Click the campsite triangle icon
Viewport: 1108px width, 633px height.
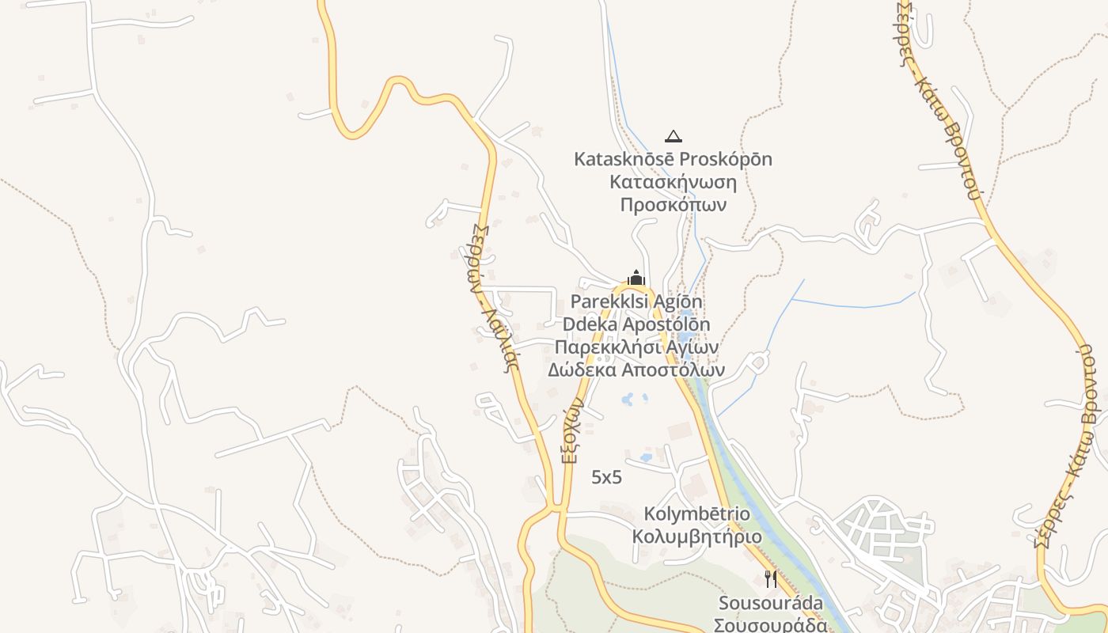click(673, 136)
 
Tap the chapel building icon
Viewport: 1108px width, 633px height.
click(636, 278)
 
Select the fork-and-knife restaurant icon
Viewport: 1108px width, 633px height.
click(771, 579)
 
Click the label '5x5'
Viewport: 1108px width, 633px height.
click(607, 477)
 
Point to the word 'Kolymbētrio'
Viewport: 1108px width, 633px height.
click(697, 514)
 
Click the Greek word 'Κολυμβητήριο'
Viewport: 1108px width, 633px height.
click(697, 536)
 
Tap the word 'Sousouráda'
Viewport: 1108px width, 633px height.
click(770, 604)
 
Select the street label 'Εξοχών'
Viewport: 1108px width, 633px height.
click(575, 430)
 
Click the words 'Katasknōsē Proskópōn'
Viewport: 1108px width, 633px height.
click(673, 159)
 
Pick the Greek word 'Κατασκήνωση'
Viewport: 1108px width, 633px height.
click(673, 182)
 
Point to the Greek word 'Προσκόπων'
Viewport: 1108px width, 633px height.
click(673, 204)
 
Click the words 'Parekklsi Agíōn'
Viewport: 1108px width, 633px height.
click(636, 301)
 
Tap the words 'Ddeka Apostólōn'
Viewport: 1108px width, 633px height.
click(636, 324)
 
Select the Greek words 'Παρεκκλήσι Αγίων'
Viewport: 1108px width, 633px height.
click(636, 347)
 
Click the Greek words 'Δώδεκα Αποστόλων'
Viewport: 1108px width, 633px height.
click(636, 370)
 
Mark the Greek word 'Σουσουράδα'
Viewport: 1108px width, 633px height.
click(770, 625)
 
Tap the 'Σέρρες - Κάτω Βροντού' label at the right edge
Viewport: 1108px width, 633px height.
click(1072, 443)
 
